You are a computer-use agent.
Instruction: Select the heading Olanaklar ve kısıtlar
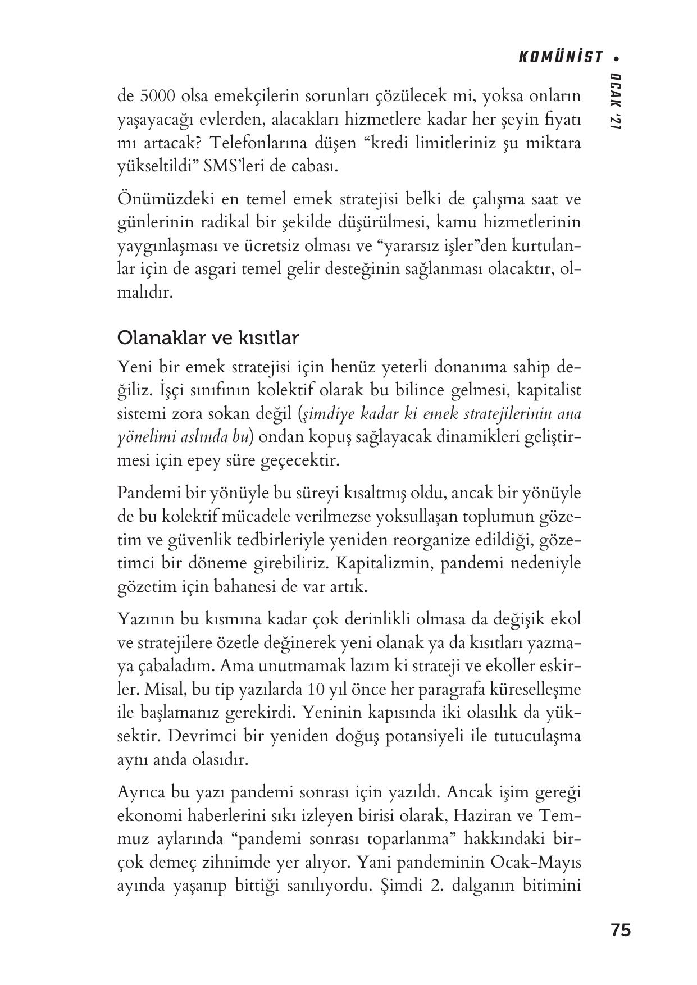click(208, 338)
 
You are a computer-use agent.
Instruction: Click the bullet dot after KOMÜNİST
click(617, 58)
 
